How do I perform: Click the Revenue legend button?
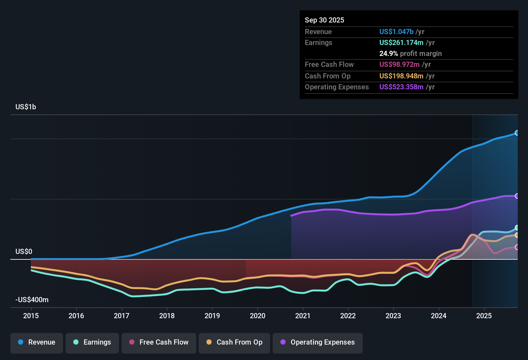[37, 342]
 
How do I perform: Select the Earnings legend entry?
[92, 342]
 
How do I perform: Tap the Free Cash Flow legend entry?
[159, 342]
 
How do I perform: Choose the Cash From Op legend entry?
[234, 342]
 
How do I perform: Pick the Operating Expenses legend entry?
[318, 342]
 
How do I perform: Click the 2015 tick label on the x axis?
[31, 316]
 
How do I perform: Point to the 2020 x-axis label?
[258, 316]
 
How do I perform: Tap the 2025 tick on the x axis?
[484, 316]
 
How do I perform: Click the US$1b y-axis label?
[26, 107]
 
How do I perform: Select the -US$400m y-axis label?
[32, 300]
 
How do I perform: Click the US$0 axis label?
[24, 252]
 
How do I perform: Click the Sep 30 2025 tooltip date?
[324, 20]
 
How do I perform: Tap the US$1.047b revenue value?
[396, 32]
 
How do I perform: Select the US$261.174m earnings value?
[401, 43]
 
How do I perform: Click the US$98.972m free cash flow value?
[399, 65]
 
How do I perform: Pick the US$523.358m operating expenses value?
[401, 87]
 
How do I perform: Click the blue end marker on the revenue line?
[517, 133]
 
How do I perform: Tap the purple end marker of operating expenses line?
[517, 196]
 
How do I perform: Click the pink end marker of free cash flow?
[517, 247]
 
